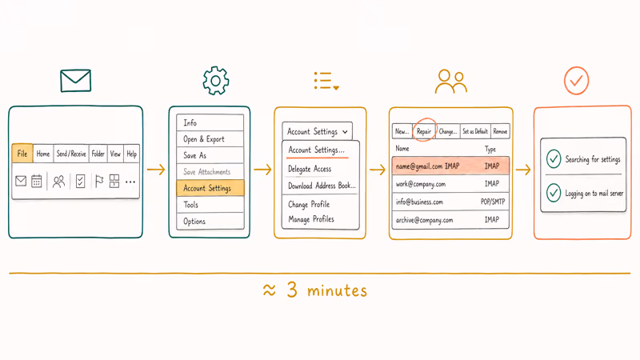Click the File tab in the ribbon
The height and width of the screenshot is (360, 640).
[x=22, y=154]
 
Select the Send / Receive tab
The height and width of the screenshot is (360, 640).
[x=71, y=154]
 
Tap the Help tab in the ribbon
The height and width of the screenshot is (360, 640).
[x=131, y=154]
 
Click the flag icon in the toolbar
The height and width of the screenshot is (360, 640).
[x=98, y=181]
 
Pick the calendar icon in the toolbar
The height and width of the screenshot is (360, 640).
[x=37, y=181]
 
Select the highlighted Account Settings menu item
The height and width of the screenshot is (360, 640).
[x=210, y=188]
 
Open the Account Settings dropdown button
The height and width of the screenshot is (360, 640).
[x=317, y=131]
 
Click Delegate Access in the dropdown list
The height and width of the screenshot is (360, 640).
[x=310, y=169]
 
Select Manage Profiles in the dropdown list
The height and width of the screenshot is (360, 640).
[x=311, y=219]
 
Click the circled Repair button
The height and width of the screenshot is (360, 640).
[x=424, y=131]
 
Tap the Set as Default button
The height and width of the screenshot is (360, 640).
[x=475, y=131]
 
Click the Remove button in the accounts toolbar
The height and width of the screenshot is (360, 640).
[x=500, y=131]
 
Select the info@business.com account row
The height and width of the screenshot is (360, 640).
[x=450, y=202]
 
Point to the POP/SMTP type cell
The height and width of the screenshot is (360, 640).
[x=493, y=202]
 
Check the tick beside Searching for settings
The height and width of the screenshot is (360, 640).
[x=554, y=158]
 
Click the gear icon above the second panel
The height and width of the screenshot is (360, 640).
[x=215, y=81]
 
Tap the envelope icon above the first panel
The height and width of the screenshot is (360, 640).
[x=75, y=81]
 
